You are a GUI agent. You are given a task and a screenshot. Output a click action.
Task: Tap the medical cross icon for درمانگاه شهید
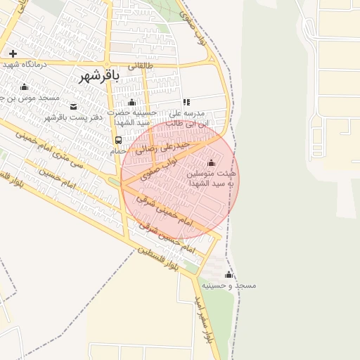[x=13, y=53]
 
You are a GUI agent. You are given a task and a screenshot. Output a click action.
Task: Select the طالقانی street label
[x=139, y=65]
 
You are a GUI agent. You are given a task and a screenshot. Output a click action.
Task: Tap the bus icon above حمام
[x=118, y=140]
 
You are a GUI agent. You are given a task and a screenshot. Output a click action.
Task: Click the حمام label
[x=118, y=150]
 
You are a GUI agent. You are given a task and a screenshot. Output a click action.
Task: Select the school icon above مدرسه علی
[x=186, y=102]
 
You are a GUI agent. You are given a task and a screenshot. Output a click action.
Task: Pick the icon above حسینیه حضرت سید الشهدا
[x=131, y=102]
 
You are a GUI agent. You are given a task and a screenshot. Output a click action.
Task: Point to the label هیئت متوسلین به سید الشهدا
[x=212, y=177]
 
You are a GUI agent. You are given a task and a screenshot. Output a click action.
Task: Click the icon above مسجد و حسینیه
[x=228, y=274]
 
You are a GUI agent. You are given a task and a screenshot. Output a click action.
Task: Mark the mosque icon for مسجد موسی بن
[x=25, y=86]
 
